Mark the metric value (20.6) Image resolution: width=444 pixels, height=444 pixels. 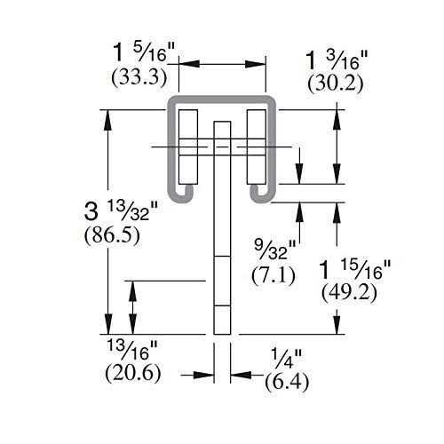tap(135, 373)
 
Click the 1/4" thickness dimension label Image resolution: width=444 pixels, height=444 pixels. tap(286, 359)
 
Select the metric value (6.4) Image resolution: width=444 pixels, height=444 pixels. tap(286, 383)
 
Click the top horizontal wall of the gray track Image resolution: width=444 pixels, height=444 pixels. tap(222, 95)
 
